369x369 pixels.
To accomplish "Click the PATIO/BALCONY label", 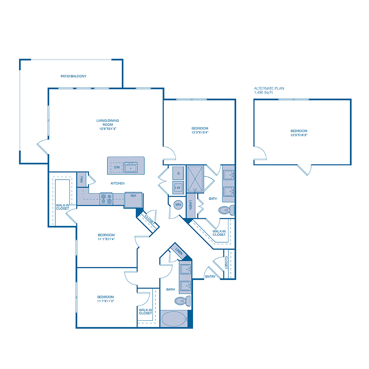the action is tap(73, 76).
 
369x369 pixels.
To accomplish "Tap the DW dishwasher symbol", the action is tap(117, 167).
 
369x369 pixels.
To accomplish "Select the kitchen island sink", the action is tap(131, 167).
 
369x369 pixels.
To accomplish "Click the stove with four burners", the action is tap(106, 198).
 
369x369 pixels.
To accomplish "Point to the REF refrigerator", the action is tap(133, 200).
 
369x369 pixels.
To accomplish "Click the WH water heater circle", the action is tap(178, 205).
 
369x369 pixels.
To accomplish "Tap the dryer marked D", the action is tap(178, 173).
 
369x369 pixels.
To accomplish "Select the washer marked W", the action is tap(178, 187).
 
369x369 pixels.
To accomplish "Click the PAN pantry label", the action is tap(82, 180).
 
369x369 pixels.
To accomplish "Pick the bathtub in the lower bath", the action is tap(174, 319).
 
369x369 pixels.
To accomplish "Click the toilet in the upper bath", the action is tap(227, 210).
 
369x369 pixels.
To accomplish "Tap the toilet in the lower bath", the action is tap(183, 301).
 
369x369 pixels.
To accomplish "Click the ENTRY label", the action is tap(210, 276).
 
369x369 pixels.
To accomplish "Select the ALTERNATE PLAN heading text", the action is tap(269, 89).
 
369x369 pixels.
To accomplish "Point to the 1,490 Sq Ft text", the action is tap(263, 93).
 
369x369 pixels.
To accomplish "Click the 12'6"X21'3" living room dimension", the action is tap(108, 129).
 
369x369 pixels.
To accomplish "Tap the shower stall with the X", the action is tap(195, 179).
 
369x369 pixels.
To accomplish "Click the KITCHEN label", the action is tap(118, 183).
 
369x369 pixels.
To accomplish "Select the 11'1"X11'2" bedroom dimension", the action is tap(106, 301).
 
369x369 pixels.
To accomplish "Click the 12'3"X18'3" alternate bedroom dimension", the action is tap(299, 135).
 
